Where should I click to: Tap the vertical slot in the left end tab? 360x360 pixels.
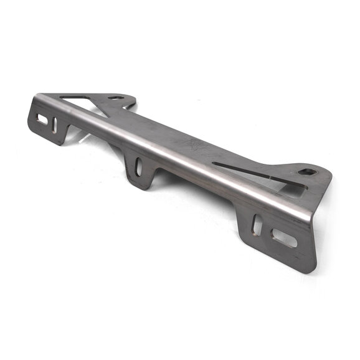click(x=54, y=125)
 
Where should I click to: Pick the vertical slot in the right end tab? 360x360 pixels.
click(x=256, y=224)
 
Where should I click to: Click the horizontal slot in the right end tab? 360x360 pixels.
click(x=284, y=237)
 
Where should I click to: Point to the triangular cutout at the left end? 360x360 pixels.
click(x=77, y=100)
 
